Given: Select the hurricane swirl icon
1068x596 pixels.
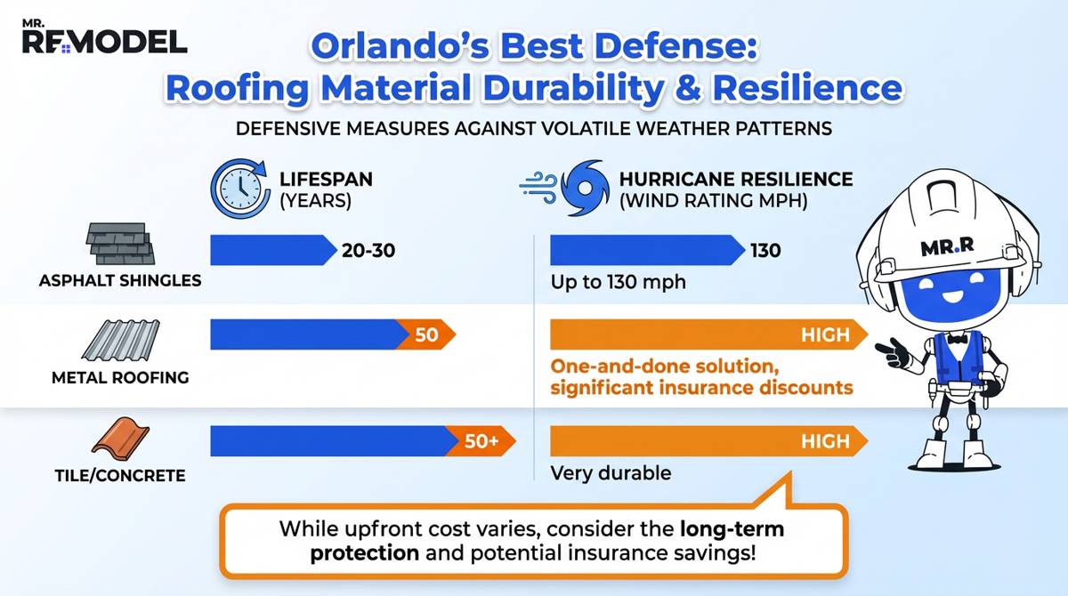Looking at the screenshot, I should tap(587, 189).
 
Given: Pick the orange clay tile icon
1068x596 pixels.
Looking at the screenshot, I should tap(119, 439).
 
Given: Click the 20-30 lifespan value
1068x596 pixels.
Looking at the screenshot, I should tap(368, 251).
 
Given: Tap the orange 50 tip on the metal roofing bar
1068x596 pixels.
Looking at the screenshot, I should tap(426, 335).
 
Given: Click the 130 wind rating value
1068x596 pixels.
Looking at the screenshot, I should tap(765, 251).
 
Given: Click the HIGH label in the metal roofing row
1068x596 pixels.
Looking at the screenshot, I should tap(826, 335).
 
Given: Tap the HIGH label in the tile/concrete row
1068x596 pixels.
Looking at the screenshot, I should tap(826, 441).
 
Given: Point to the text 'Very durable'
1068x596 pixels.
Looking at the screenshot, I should tap(610, 473).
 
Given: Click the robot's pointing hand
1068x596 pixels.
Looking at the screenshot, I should tap(891, 349).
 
